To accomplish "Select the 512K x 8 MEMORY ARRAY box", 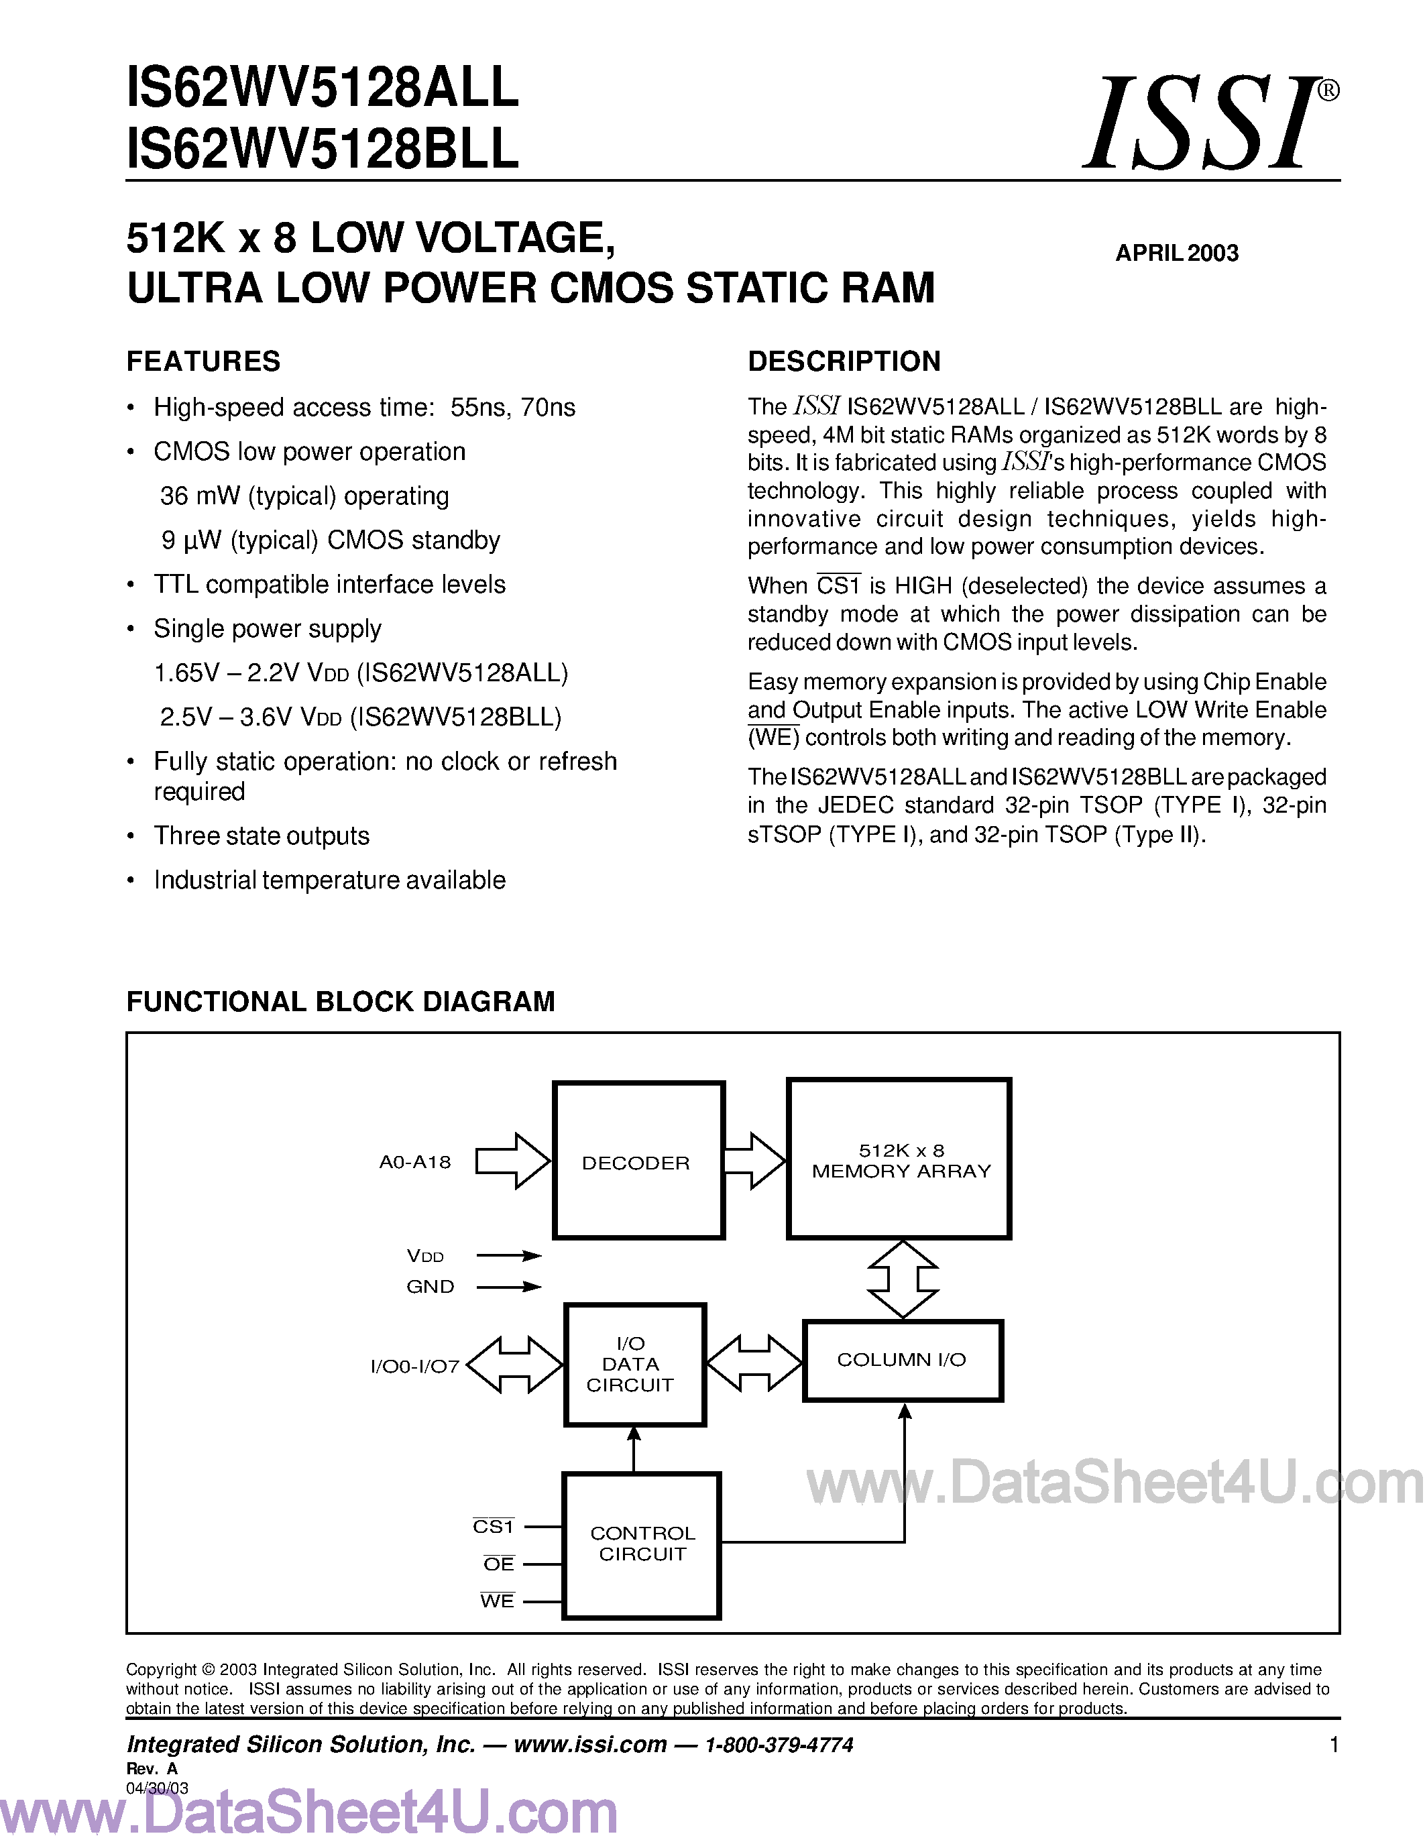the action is pos(899,1159).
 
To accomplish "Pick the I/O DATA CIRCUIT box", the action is pos(633,1365).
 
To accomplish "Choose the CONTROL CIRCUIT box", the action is pos(642,1544).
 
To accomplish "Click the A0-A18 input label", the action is pos(414,1163).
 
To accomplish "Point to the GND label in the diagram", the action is pos(430,1287).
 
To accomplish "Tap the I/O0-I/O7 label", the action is pos(414,1366).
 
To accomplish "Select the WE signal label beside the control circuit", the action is pos(497,1601).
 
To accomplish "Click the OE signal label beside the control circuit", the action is pos(498,1564).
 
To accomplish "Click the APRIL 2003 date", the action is pos(1177,253).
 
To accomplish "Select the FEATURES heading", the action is pos(203,361).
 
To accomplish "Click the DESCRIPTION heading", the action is pos(844,361).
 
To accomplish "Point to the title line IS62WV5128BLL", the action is pos(323,150).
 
